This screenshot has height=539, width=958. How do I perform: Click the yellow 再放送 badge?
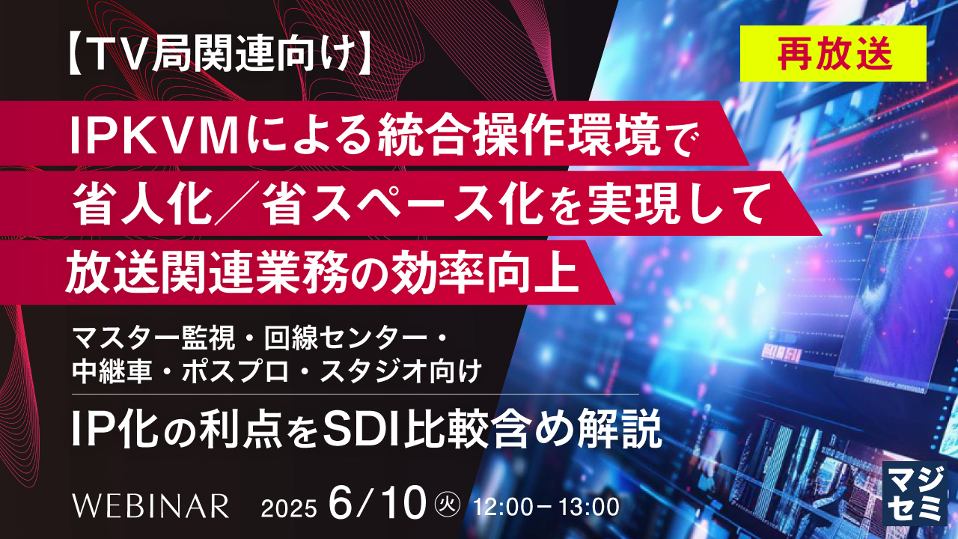833,54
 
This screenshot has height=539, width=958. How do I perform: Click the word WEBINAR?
150,506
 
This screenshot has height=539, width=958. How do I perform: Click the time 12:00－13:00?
546,508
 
